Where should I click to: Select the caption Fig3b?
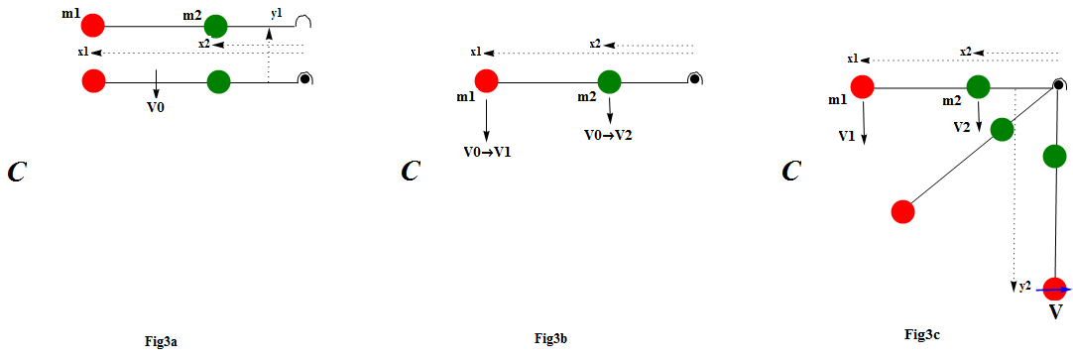click(550, 339)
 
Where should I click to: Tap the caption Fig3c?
click(922, 336)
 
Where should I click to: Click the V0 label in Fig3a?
click(156, 105)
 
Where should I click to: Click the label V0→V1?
click(486, 152)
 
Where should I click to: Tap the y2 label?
click(1025, 287)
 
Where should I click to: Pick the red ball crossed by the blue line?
click(1055, 289)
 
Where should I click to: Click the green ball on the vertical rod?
click(1055, 156)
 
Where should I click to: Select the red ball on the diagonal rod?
click(902, 210)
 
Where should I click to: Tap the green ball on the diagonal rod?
click(1002, 129)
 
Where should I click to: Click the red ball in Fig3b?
click(486, 80)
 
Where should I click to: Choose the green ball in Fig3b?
click(610, 81)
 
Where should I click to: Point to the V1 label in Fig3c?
click(846, 135)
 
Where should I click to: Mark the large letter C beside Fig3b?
click(410, 171)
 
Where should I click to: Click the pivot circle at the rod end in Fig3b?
click(695, 79)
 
